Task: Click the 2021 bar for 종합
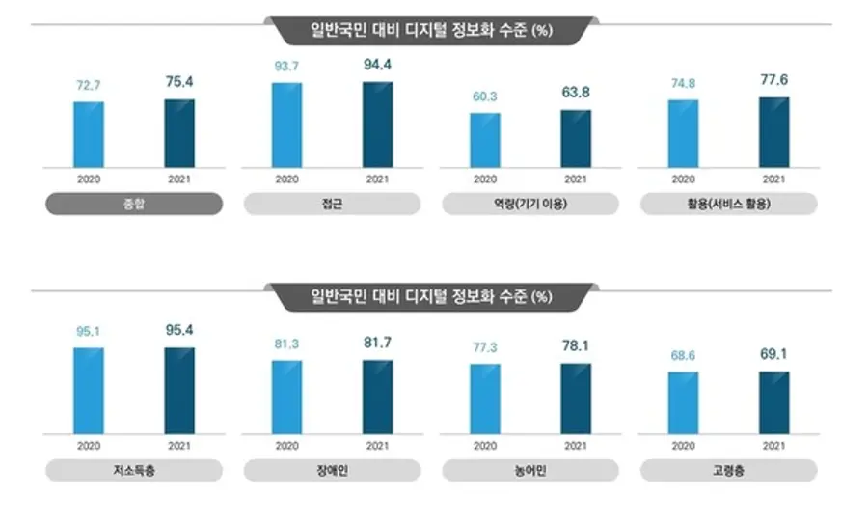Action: pos(179,133)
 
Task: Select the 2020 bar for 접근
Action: pos(286,125)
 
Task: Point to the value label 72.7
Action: pos(88,86)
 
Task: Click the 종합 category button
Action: pos(134,205)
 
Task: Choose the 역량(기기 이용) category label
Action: pos(530,205)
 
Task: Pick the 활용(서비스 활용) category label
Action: pos(728,205)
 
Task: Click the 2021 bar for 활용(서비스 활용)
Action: pos(773,132)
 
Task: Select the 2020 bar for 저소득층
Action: pos(88,390)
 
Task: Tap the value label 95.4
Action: pos(179,331)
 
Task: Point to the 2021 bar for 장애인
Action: pos(377,397)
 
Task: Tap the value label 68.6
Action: pos(683,356)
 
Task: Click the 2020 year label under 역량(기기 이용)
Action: pos(485,179)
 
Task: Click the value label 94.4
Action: pos(377,65)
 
